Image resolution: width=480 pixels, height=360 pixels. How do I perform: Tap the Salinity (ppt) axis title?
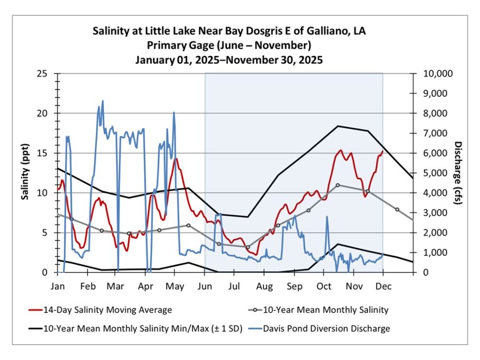point(25,173)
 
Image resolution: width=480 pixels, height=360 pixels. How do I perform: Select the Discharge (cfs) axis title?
point(457,173)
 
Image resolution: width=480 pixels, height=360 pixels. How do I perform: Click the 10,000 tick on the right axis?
point(437,74)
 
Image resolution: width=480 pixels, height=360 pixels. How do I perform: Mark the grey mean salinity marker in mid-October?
point(338,185)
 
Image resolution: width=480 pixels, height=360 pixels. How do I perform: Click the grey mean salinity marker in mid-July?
point(247,247)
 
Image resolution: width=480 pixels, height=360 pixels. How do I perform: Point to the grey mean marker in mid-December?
point(397,210)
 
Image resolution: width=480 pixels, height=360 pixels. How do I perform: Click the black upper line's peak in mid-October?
point(338,126)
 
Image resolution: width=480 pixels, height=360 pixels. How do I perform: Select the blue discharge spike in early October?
point(326,217)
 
